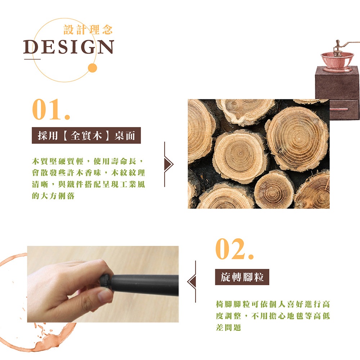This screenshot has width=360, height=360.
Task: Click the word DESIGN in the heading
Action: (68, 47)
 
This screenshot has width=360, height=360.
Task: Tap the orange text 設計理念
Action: (88, 30)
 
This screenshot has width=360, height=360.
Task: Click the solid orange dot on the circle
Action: (93, 68)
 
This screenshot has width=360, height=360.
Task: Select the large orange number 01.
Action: (51, 109)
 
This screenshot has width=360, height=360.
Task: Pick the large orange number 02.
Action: (234, 249)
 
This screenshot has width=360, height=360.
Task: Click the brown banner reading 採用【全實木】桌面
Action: (86, 135)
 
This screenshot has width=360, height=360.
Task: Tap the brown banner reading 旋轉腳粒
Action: (242, 277)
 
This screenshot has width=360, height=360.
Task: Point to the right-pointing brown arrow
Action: (168, 164)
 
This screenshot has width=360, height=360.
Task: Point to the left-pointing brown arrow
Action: (192, 282)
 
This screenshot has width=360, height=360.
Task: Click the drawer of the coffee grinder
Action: (344, 110)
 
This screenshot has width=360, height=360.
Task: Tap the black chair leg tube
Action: (145, 284)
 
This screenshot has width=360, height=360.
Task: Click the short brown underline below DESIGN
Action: (32, 59)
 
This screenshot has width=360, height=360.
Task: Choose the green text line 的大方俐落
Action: (53, 196)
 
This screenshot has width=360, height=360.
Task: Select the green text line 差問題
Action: (229, 327)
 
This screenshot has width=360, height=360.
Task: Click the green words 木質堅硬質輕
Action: (57, 161)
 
